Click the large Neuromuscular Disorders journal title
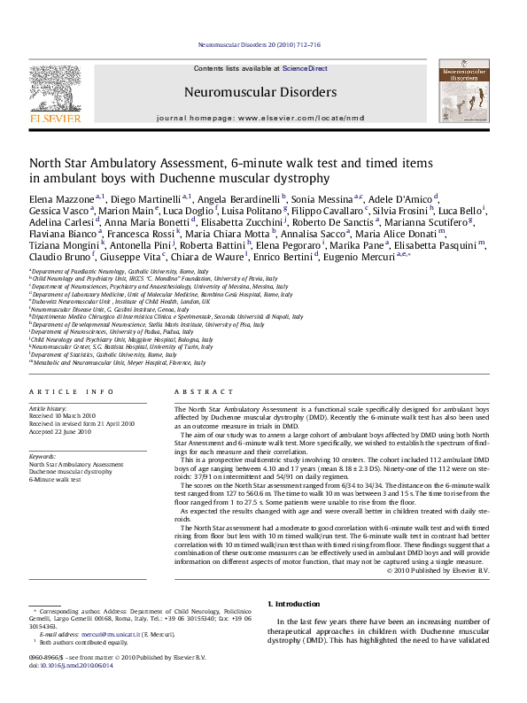260,91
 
